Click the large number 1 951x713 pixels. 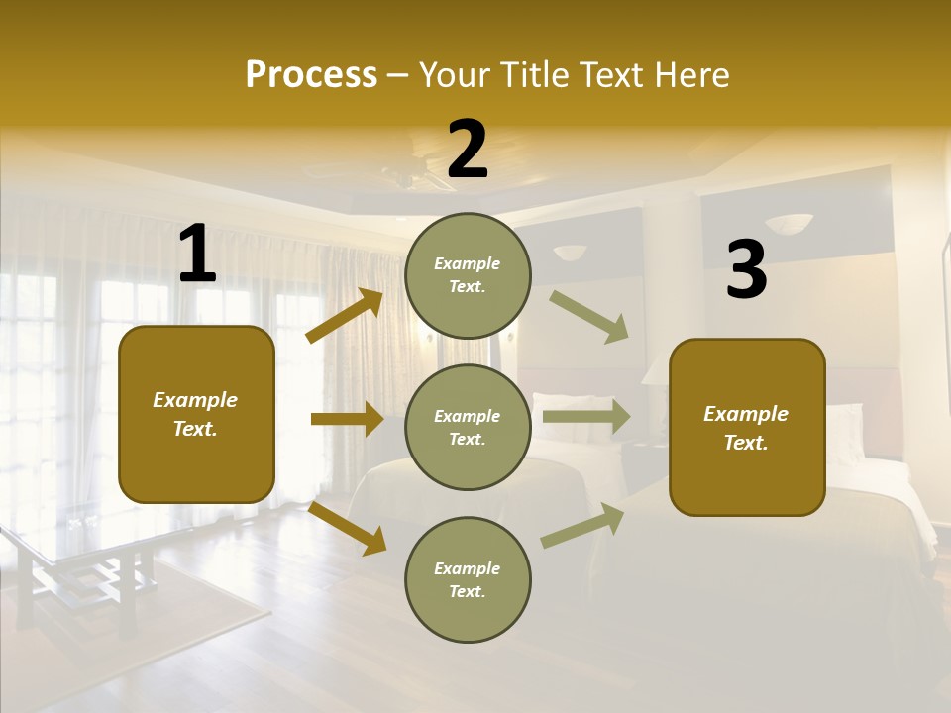[x=197, y=255]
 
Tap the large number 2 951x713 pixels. [x=468, y=150]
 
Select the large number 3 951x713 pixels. [x=746, y=269]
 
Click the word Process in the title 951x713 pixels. [x=311, y=74]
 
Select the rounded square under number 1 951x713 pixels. [x=196, y=414]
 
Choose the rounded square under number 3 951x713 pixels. [x=747, y=427]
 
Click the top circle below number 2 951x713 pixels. [x=468, y=275]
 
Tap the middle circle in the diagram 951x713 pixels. [x=468, y=427]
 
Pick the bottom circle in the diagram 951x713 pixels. [x=468, y=579]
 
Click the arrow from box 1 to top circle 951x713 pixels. [x=345, y=316]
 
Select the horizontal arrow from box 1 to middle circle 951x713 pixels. [x=347, y=419]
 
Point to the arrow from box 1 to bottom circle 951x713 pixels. [x=348, y=528]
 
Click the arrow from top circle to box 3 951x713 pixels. [x=588, y=316]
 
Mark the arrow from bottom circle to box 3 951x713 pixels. [x=582, y=526]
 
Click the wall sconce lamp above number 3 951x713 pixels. [x=789, y=224]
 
